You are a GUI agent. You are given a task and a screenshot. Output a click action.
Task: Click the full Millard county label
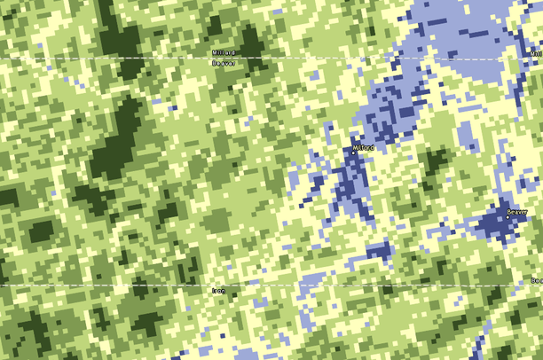tap(224, 53)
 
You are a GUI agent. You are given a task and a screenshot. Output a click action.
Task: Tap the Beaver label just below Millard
tap(224, 64)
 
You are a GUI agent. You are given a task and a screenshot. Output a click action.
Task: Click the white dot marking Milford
tap(351, 153)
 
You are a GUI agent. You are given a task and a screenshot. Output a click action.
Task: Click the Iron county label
tap(220, 291)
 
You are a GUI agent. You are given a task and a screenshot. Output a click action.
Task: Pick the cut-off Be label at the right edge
tap(536, 281)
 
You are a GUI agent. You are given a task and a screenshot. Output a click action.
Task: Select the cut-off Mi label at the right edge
tap(536, 53)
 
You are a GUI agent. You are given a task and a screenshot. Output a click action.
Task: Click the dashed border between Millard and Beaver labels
tap(160, 59)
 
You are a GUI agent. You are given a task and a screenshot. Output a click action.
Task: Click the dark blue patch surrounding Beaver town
tap(497, 226)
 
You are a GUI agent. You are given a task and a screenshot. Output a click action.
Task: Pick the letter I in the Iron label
tap(215, 291)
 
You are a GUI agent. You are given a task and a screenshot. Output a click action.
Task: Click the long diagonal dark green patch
tap(120, 133)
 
